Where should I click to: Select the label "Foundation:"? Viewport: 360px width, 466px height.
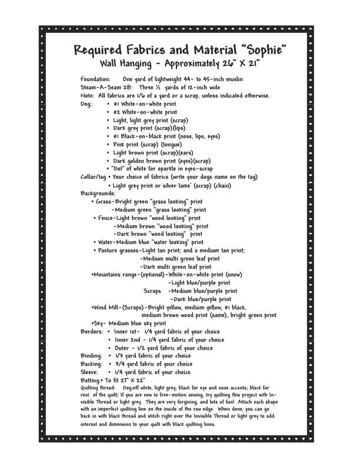pyautogui.click(x=95, y=79)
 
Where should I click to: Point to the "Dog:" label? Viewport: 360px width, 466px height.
pyautogui.click(x=86, y=104)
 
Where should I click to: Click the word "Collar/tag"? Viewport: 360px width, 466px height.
pyautogui.click(x=94, y=177)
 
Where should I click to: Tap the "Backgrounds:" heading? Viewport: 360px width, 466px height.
pyautogui.click(x=98, y=193)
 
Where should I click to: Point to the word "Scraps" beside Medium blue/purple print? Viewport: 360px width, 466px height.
pyautogui.click(x=152, y=291)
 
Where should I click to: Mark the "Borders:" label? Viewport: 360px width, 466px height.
pyautogui.click(x=92, y=331)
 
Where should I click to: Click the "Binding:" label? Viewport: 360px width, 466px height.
pyautogui.click(x=92, y=356)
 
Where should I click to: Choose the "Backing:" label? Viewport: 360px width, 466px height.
pyautogui.click(x=92, y=364)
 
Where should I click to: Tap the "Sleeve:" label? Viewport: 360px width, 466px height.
pyautogui.click(x=91, y=372)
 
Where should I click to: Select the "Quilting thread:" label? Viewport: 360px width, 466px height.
pyautogui.click(x=98, y=388)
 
